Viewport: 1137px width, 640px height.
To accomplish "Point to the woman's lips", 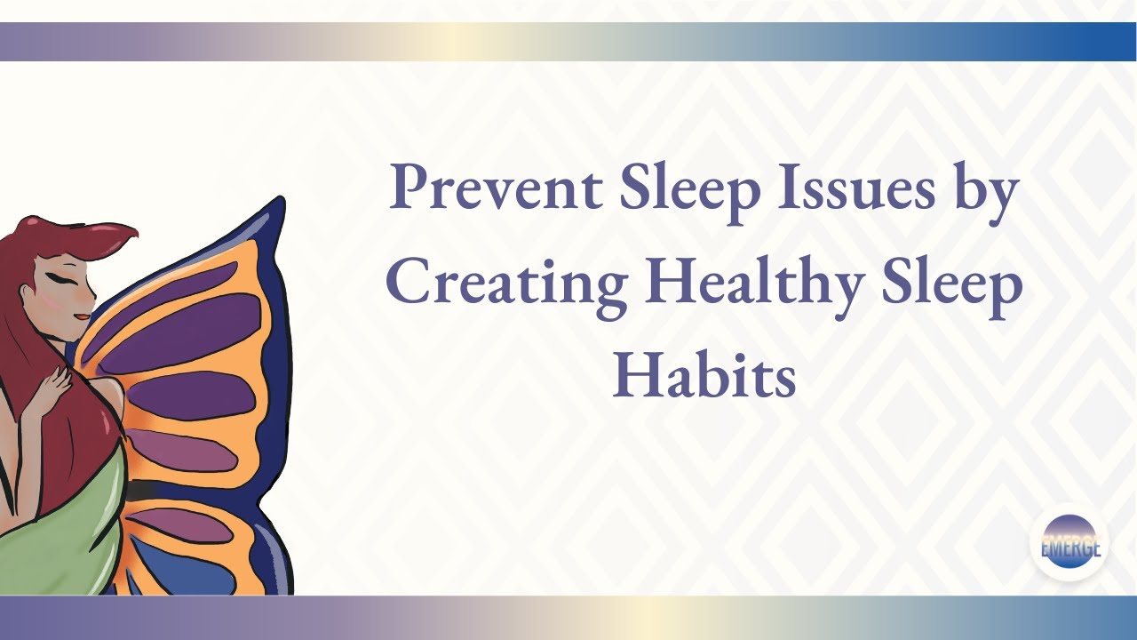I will point(81,314).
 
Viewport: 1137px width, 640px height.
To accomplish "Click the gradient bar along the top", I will point(568,42).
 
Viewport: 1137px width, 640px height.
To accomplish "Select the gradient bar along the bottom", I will point(568,617).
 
